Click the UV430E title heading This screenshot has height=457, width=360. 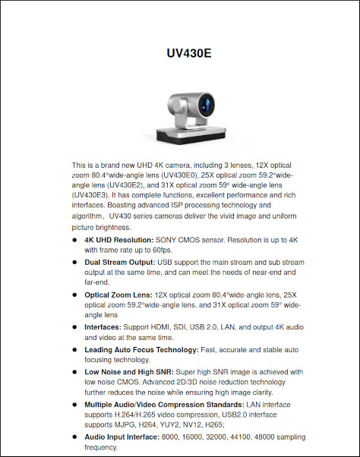point(188,54)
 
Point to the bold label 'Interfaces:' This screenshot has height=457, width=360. point(103,327)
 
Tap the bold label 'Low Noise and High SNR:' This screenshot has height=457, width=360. point(130,372)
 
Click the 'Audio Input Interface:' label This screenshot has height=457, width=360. point(125,437)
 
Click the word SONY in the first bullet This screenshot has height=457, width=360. point(169,239)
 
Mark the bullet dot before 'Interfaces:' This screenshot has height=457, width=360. point(74,327)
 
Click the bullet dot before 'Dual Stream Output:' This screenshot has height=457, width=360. point(74,261)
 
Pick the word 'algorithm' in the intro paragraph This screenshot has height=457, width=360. point(90,216)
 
